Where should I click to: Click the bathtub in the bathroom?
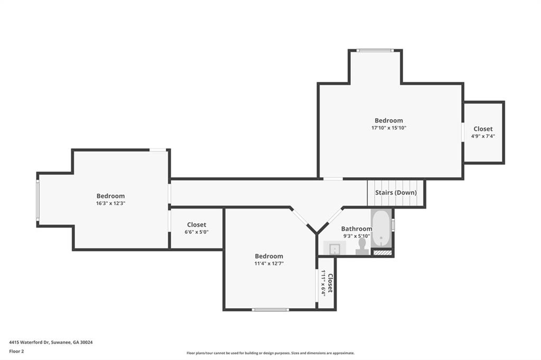tap(380, 228)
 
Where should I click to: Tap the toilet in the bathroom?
tap(362, 247)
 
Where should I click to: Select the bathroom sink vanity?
tap(334, 248)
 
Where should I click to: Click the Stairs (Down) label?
tap(396, 193)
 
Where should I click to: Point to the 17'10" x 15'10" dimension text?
tap(388, 128)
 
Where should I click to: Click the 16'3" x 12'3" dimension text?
tap(110, 203)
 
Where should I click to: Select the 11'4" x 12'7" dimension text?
tap(269, 263)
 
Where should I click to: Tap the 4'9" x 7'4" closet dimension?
tap(483, 136)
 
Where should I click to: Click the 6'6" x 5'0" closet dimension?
tap(197, 232)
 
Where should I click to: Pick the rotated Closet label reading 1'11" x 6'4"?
tap(327, 283)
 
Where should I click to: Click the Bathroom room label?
tap(356, 229)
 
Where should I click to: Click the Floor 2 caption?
tap(16, 351)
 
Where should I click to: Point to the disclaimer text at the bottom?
tap(270, 353)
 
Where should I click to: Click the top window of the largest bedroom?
tap(375, 51)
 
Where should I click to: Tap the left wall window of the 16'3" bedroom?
tap(38, 200)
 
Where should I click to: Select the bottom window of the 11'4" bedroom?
tap(270, 309)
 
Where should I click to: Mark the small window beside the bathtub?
tap(393, 225)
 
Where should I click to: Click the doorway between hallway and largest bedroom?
tap(333, 179)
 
